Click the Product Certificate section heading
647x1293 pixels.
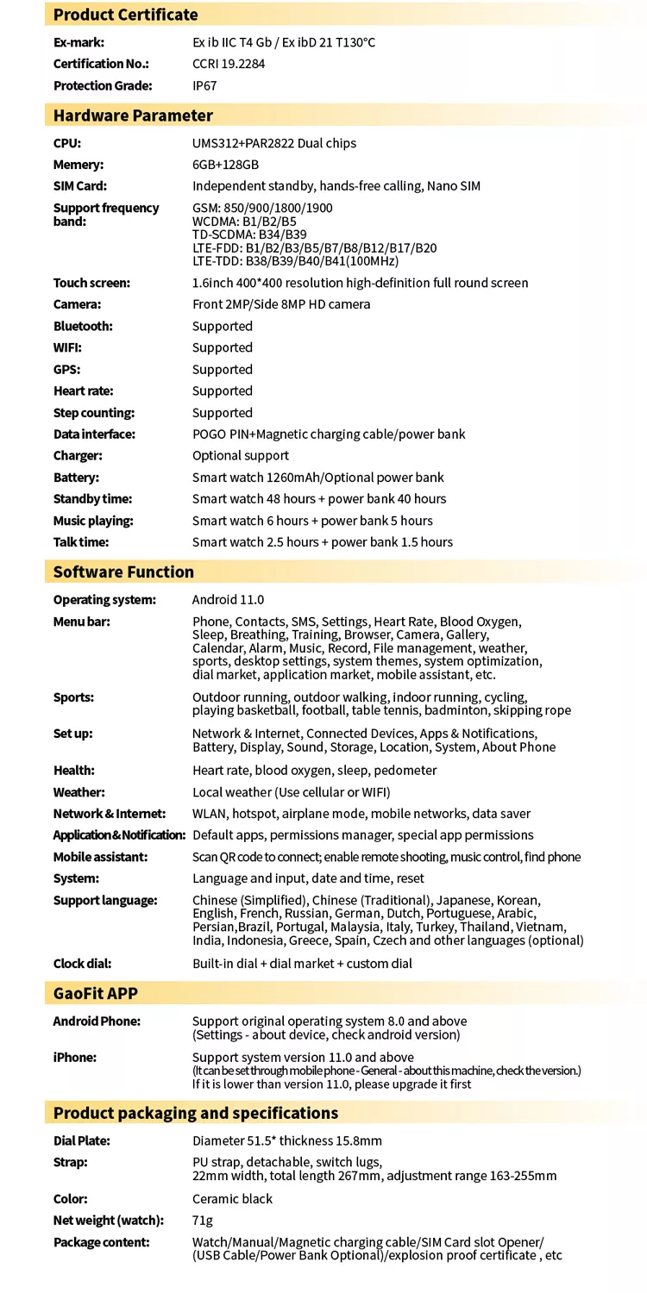[x=125, y=15]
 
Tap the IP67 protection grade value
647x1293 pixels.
[x=205, y=85]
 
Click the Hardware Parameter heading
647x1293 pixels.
[x=133, y=116]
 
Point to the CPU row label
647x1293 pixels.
[x=67, y=143]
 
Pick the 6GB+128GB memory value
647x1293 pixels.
[x=225, y=165]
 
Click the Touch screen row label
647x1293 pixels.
[x=91, y=283]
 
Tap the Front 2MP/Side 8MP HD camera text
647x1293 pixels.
[x=281, y=304]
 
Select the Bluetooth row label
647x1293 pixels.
[x=83, y=326]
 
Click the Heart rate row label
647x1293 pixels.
[x=83, y=391]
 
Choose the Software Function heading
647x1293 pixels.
[x=123, y=572]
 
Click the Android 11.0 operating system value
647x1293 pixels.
[x=228, y=600]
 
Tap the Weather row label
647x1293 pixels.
[x=79, y=792]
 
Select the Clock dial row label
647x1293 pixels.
[x=82, y=964]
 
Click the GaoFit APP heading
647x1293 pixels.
[x=95, y=993]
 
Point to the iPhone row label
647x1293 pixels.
[x=74, y=1058]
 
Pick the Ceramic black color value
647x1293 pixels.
[x=232, y=1199]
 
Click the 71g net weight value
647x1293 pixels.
[x=203, y=1221]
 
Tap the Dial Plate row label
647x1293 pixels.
[x=81, y=1141]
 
